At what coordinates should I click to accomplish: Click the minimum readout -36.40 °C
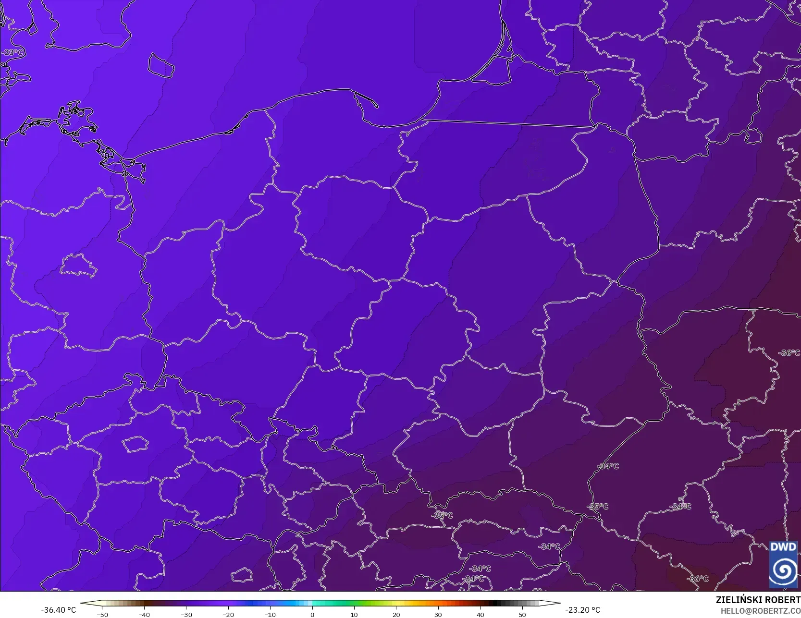(x=59, y=610)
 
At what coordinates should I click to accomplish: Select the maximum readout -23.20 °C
(x=582, y=610)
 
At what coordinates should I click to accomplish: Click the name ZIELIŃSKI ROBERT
(x=758, y=600)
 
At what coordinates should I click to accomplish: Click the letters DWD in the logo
(x=783, y=547)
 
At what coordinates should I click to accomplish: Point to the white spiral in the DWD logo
(x=783, y=570)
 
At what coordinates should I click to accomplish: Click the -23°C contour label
(x=12, y=52)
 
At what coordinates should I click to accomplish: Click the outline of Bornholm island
(x=160, y=66)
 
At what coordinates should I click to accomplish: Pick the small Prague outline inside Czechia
(x=135, y=444)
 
